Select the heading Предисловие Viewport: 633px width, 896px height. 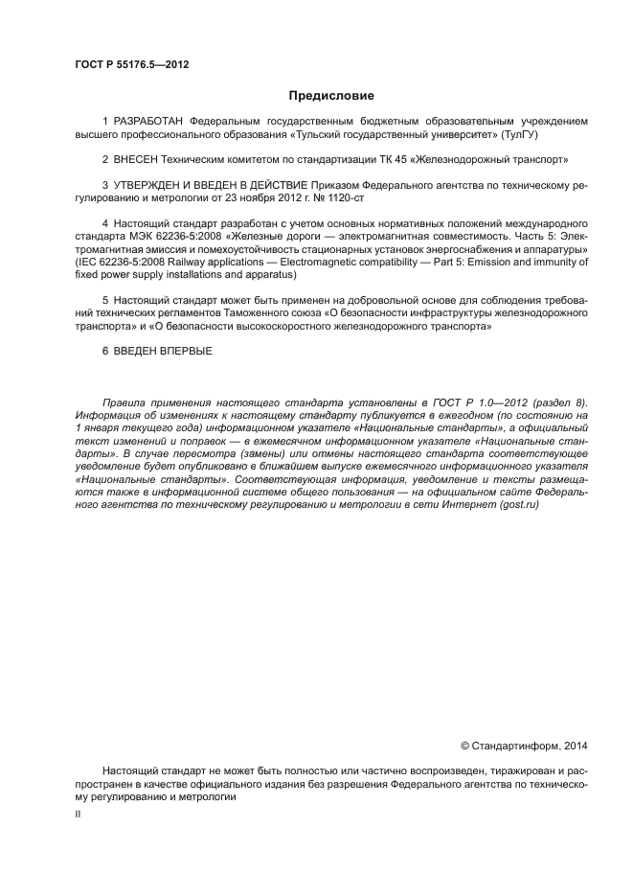click(x=331, y=96)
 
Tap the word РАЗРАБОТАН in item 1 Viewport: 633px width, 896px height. click(x=149, y=122)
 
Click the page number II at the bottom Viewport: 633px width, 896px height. click(x=78, y=813)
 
